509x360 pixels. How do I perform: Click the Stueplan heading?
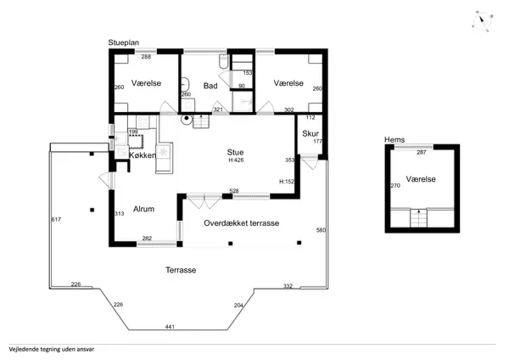point(123,42)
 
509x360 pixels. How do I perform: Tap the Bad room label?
point(211,85)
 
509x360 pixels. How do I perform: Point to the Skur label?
point(310,133)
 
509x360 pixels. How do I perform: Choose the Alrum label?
point(143,209)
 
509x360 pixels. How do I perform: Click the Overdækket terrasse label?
point(242,223)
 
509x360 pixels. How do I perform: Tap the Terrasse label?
point(182,270)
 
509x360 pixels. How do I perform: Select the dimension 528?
point(234,191)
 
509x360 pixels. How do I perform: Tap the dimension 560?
point(321,230)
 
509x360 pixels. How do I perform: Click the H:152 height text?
point(287,182)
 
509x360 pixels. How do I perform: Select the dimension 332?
point(288,286)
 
